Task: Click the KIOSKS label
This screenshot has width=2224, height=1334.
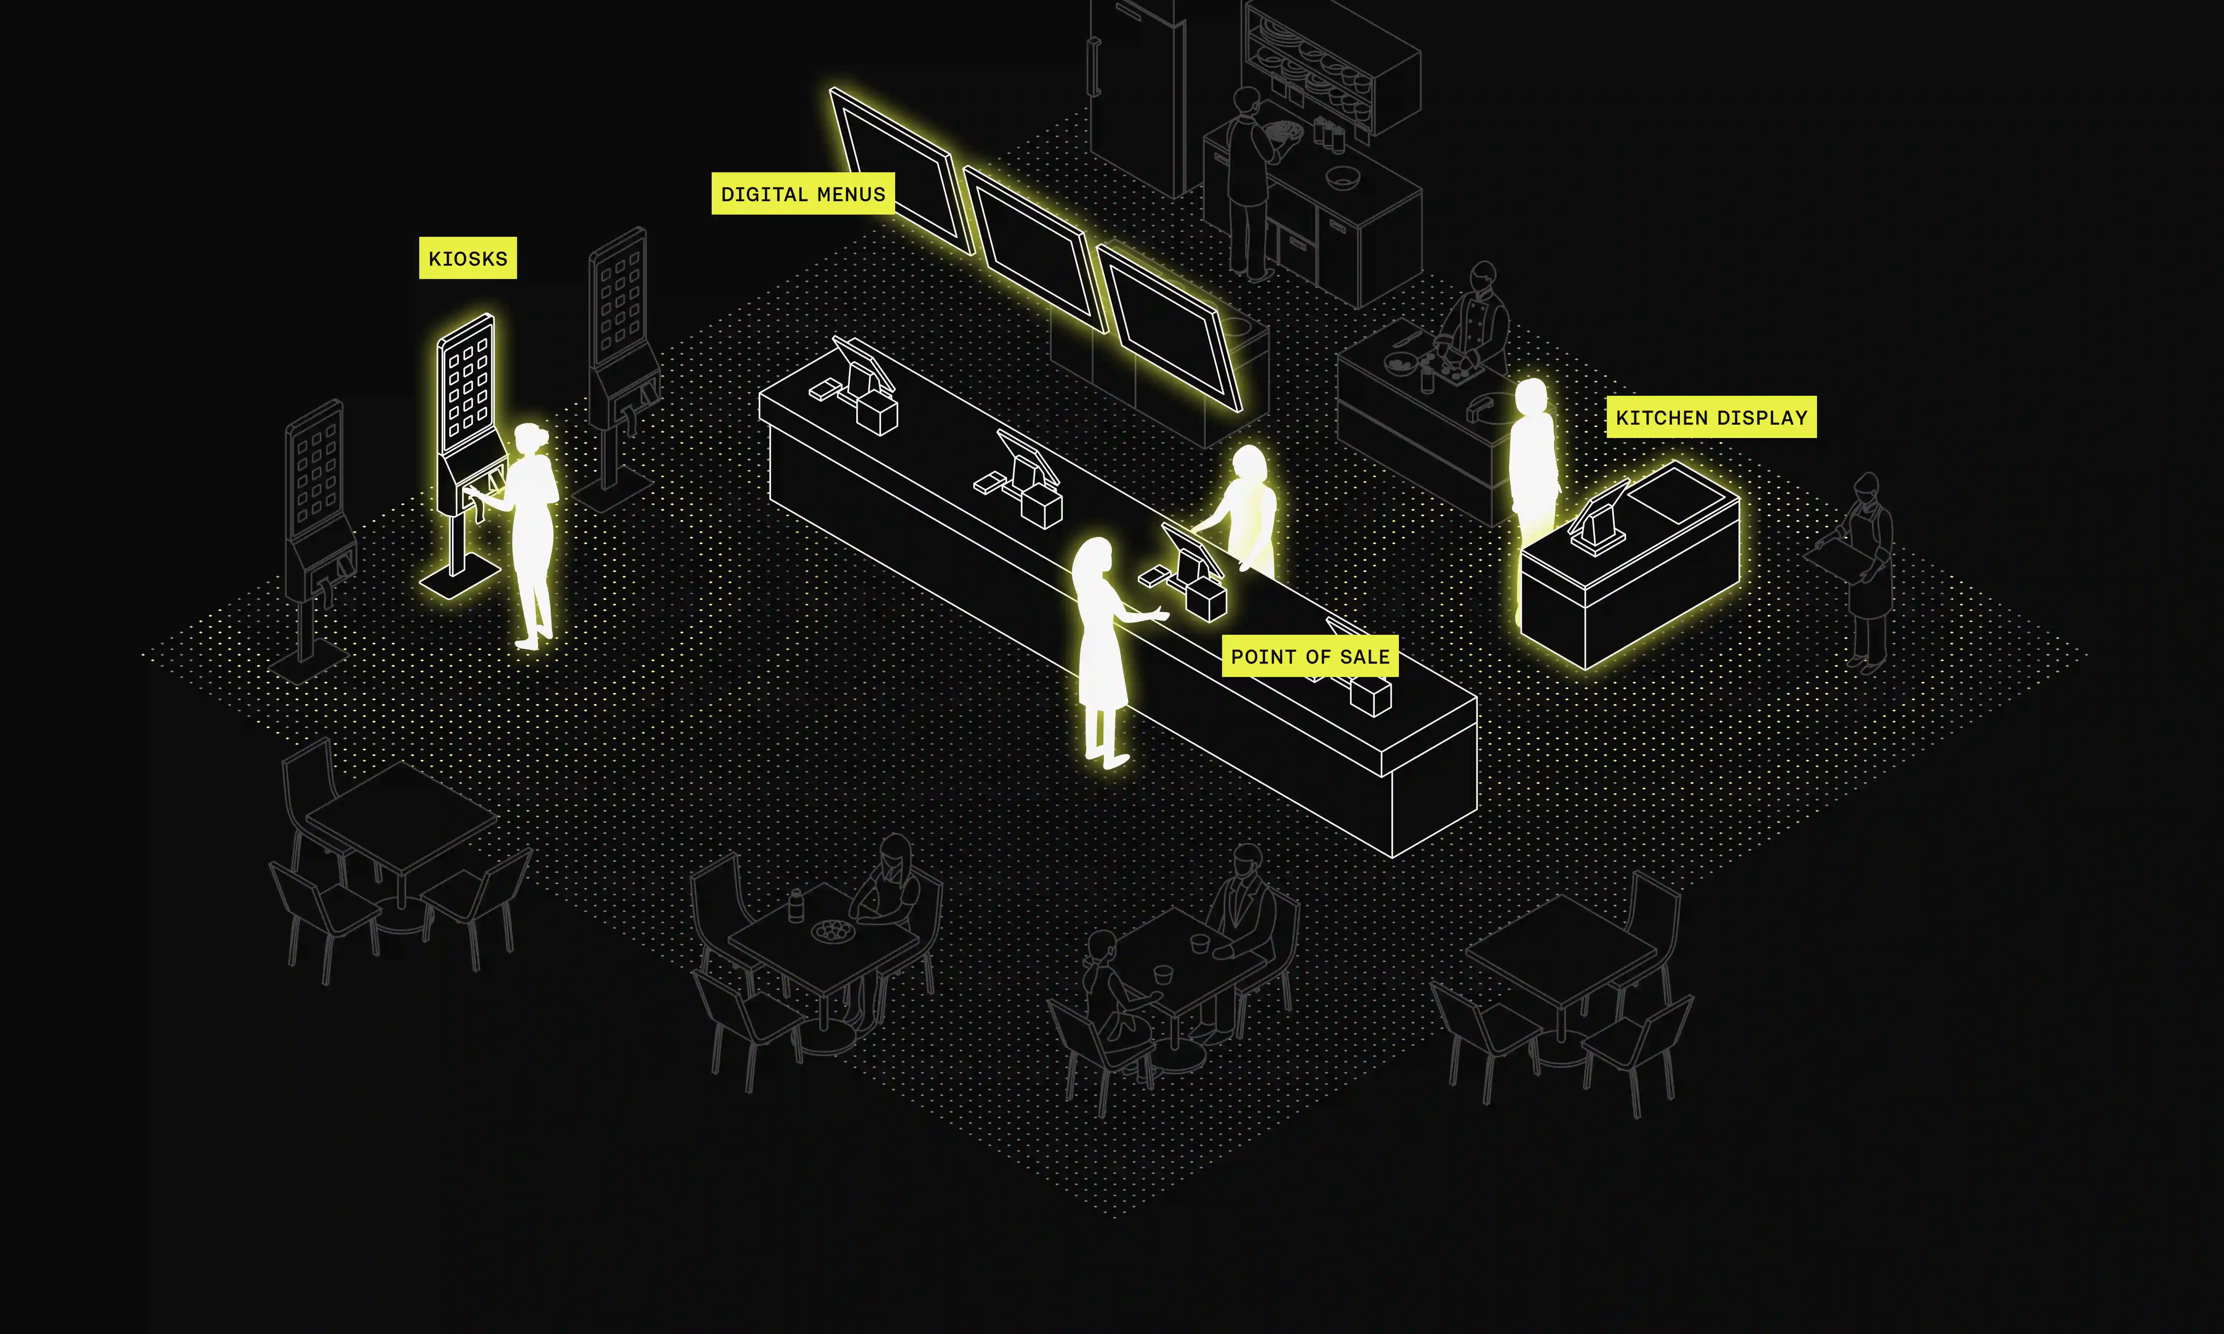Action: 467,258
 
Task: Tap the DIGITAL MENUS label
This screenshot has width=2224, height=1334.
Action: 803,193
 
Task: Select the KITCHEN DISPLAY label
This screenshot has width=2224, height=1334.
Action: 1711,417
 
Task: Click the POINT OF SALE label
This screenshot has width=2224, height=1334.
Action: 1310,656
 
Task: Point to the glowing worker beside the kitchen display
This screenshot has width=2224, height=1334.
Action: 1533,467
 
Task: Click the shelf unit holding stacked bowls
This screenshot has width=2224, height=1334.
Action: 1330,67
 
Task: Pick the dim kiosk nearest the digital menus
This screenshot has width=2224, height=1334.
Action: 620,359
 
